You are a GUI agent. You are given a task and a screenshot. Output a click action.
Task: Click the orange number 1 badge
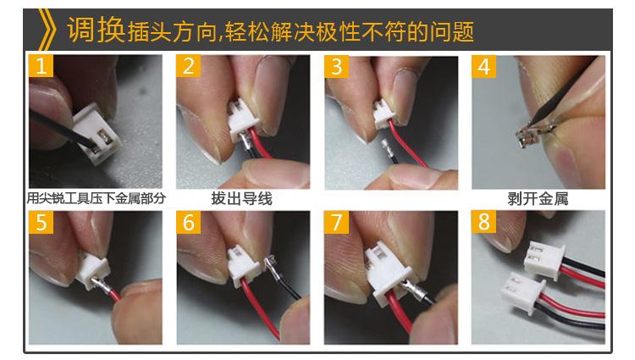(x=41, y=65)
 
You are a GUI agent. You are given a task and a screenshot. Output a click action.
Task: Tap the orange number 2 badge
(x=188, y=65)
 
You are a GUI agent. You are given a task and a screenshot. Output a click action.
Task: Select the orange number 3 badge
(x=336, y=66)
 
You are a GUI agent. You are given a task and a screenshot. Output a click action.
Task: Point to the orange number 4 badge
(x=484, y=66)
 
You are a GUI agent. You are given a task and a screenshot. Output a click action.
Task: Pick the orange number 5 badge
(x=41, y=222)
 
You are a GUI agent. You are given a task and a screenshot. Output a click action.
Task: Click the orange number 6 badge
(x=188, y=222)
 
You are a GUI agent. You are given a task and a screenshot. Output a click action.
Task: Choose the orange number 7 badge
(x=336, y=222)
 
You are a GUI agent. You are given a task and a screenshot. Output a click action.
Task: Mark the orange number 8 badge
(x=484, y=222)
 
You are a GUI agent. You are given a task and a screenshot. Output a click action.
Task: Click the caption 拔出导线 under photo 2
(x=242, y=199)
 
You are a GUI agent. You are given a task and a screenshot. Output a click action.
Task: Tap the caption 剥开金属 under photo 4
(x=538, y=199)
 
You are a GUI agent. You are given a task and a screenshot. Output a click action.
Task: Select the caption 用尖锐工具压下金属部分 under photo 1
(x=97, y=198)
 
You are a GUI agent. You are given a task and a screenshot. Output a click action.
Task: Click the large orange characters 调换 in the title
(x=96, y=30)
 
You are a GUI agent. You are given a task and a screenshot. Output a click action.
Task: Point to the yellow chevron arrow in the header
(x=47, y=29)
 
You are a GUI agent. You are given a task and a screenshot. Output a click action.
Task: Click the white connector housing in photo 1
(x=97, y=134)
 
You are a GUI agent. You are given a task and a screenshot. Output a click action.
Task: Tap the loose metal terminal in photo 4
(x=533, y=133)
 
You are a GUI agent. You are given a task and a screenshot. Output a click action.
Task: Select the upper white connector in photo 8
(x=544, y=259)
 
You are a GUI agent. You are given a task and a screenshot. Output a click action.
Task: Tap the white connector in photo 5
(x=93, y=269)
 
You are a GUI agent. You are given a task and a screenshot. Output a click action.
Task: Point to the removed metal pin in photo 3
(x=389, y=148)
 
